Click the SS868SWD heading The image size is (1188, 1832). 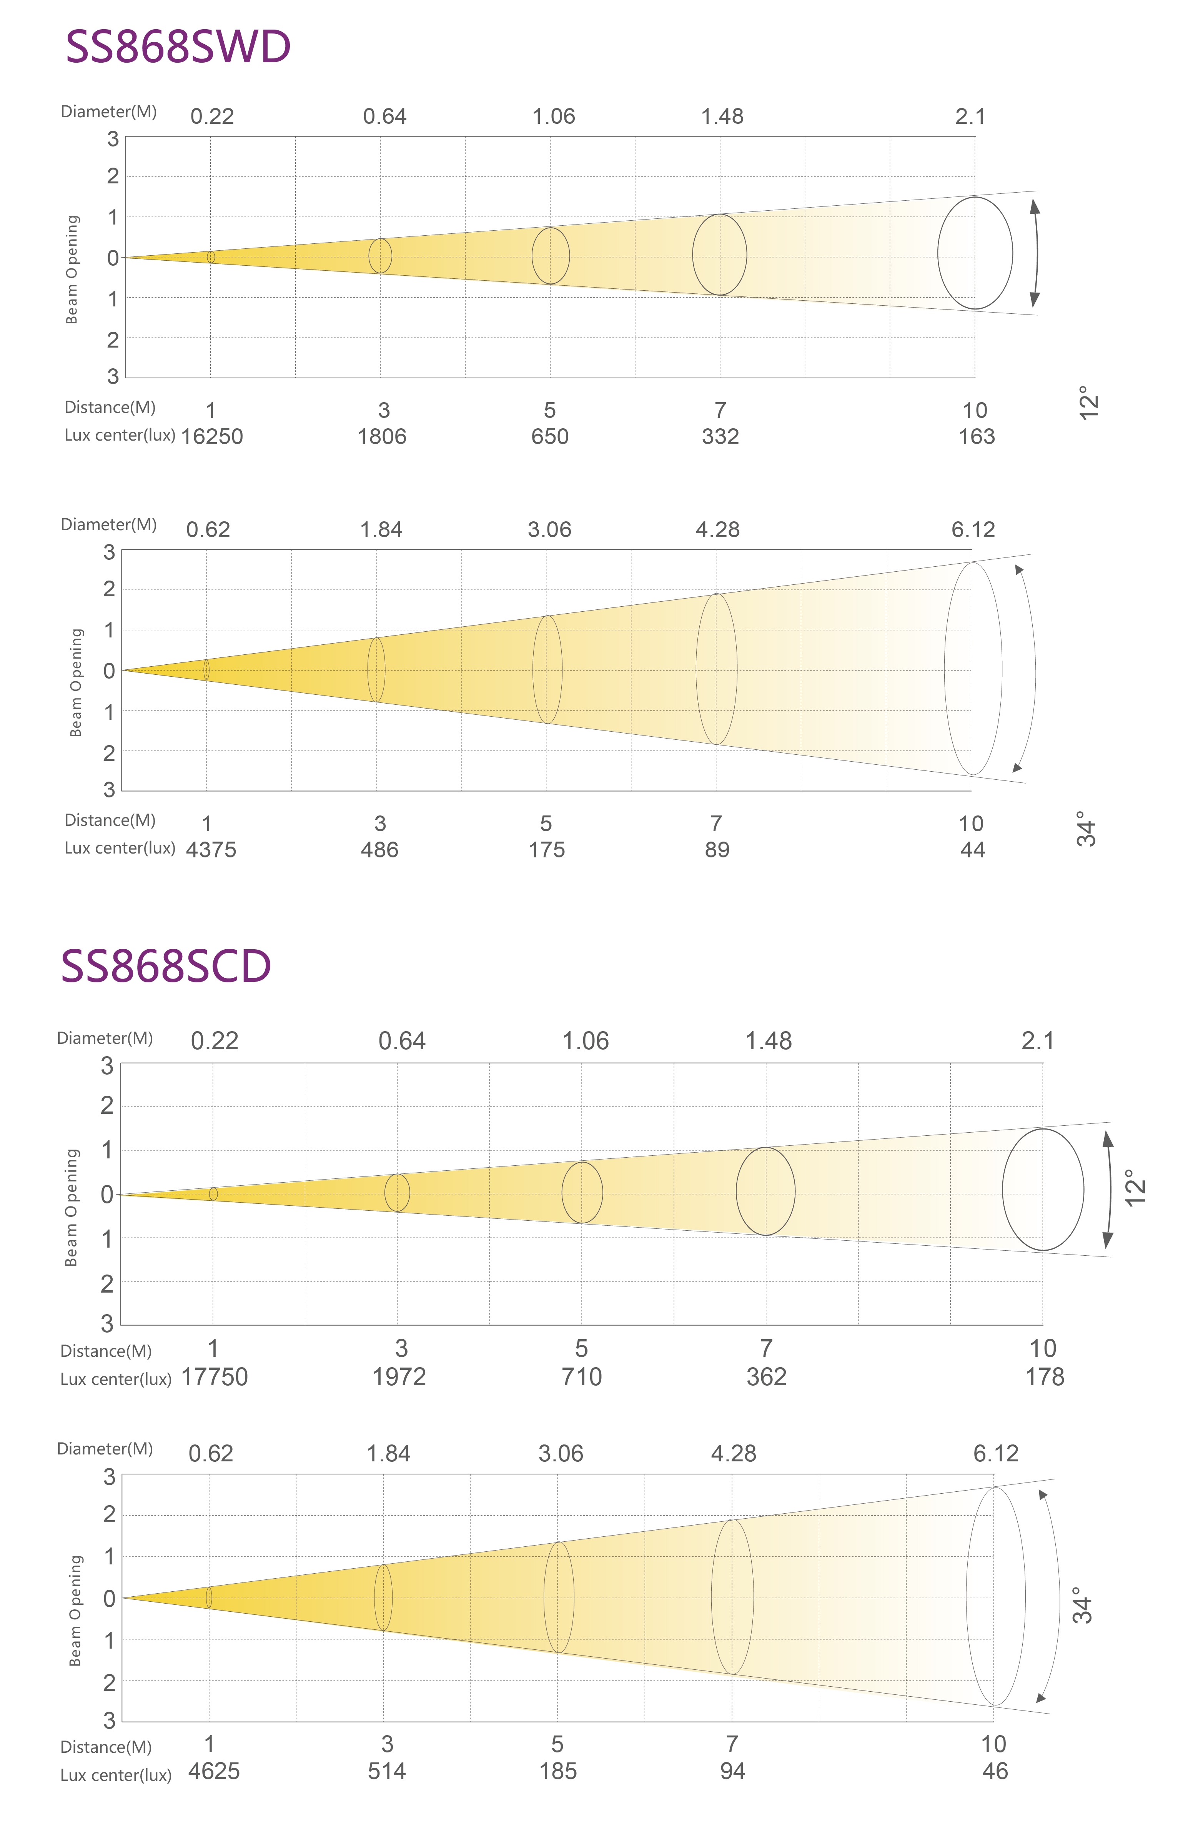(178, 47)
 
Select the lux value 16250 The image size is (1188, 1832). (212, 436)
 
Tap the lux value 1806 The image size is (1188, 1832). (382, 436)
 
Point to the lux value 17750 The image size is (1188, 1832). (214, 1377)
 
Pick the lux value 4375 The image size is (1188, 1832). (211, 850)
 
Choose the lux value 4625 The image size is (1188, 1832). (214, 1771)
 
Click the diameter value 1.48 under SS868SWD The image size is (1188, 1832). (722, 116)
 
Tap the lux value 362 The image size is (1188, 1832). (766, 1377)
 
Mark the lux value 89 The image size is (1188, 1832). (717, 850)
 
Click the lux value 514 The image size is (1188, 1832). (386, 1771)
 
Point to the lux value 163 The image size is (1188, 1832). (976, 436)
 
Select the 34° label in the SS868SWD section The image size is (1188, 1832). (1086, 829)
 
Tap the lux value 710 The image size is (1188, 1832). (581, 1377)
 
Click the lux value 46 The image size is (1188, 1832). (995, 1771)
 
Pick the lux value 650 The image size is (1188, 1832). (550, 436)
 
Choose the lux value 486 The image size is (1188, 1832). (379, 850)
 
